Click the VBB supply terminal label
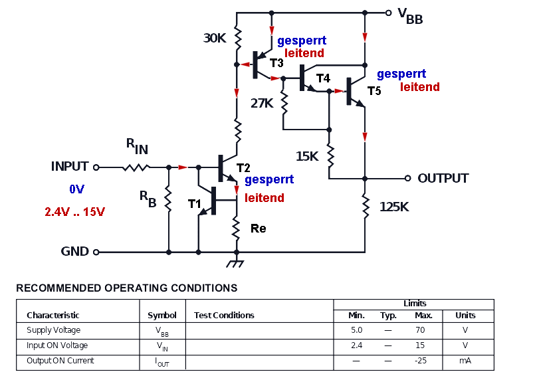tap(410, 17)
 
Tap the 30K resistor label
tap(215, 38)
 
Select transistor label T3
tap(276, 63)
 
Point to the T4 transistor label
tap(323, 78)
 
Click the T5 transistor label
tap(374, 91)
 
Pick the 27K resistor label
tap(262, 103)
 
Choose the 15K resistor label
tap(307, 156)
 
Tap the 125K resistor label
tap(394, 207)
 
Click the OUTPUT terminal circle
tap(407, 178)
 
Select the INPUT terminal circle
tap(96, 167)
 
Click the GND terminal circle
tap(96, 252)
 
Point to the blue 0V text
tap(76, 189)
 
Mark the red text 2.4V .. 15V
tap(74, 211)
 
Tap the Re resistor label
tap(259, 229)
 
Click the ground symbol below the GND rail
tap(235, 263)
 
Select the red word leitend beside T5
tap(420, 87)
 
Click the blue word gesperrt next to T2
tap(269, 179)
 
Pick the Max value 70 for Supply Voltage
tap(420, 330)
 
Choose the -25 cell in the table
tap(421, 360)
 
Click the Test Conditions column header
tap(224, 315)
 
